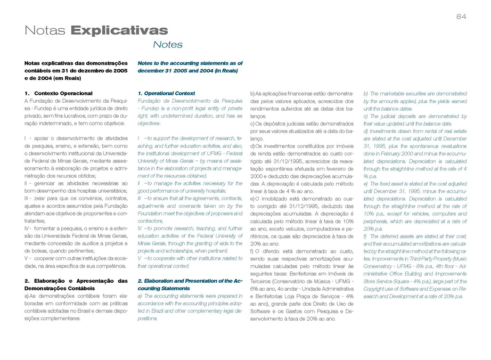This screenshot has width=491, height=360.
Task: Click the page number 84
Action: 461,17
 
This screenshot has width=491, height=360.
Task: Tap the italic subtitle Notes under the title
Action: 167,45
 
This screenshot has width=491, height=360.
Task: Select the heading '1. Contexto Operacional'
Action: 59,93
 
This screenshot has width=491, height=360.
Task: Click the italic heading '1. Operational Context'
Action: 166,93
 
